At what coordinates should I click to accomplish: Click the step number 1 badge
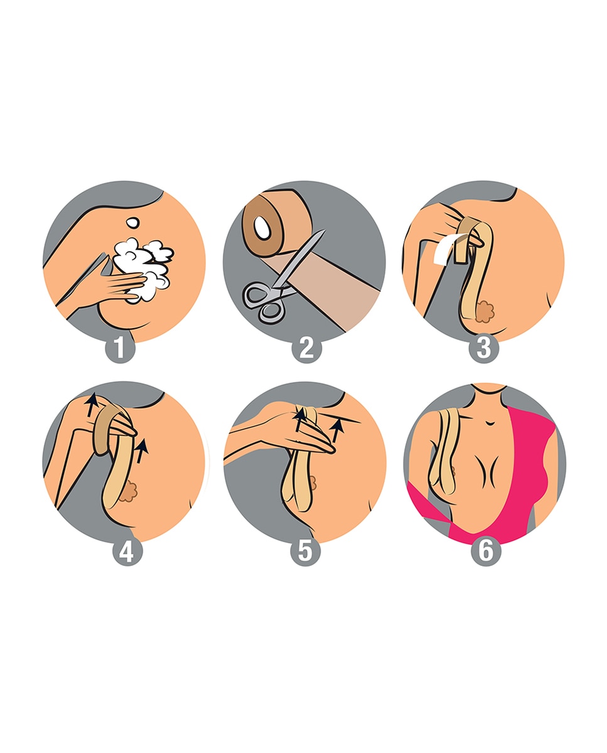coord(120,348)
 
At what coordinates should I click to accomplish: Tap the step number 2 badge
coord(307,348)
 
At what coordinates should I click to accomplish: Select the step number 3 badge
coord(484,348)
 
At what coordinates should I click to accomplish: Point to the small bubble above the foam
coord(133,223)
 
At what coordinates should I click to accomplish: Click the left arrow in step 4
coord(92,405)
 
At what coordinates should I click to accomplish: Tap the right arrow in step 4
coord(141,451)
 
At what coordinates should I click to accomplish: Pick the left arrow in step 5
coord(298,420)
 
